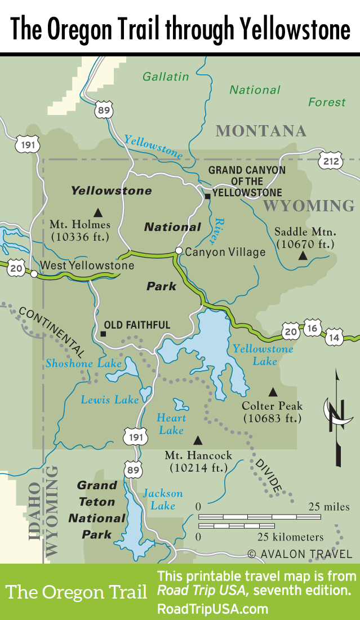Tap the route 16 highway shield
click(313, 327)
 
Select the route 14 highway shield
click(334, 337)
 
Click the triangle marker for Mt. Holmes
click(98, 212)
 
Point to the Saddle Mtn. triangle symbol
click(303, 256)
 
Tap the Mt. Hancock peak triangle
click(197, 439)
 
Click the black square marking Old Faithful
click(103, 334)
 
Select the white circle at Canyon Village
click(179, 251)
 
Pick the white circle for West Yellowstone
click(34, 274)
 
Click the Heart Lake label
click(171, 424)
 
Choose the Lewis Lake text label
click(109, 400)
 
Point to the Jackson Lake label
click(163, 499)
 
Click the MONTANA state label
click(261, 131)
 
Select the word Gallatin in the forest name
click(165, 76)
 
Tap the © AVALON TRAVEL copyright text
click(300, 554)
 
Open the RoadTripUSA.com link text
click(212, 609)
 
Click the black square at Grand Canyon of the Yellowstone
click(207, 196)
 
